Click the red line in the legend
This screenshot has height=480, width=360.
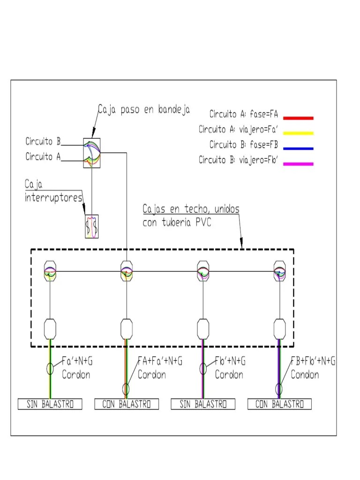(x=298, y=118)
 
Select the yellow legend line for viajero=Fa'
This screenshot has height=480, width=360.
(x=298, y=133)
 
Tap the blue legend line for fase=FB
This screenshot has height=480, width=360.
(x=298, y=149)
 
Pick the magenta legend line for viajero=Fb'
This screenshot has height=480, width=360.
(x=298, y=164)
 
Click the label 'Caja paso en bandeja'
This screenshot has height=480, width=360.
(x=143, y=110)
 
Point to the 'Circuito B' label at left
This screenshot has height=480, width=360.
(x=43, y=141)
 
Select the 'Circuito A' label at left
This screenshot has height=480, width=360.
(x=43, y=157)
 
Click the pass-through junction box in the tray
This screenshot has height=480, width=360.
(x=92, y=152)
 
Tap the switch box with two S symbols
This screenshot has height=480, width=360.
(x=92, y=226)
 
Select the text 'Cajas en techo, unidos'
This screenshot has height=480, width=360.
(x=191, y=209)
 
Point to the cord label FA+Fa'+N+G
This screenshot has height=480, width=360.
(x=160, y=361)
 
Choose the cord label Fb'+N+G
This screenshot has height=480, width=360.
(x=230, y=361)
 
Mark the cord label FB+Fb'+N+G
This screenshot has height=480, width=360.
(x=313, y=361)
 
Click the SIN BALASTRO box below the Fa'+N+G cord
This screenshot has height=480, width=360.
(x=50, y=404)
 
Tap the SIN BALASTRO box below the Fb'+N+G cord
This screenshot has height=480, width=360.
(x=202, y=404)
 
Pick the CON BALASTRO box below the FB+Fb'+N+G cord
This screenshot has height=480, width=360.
(x=279, y=404)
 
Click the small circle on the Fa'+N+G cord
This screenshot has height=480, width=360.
(x=50, y=368)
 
